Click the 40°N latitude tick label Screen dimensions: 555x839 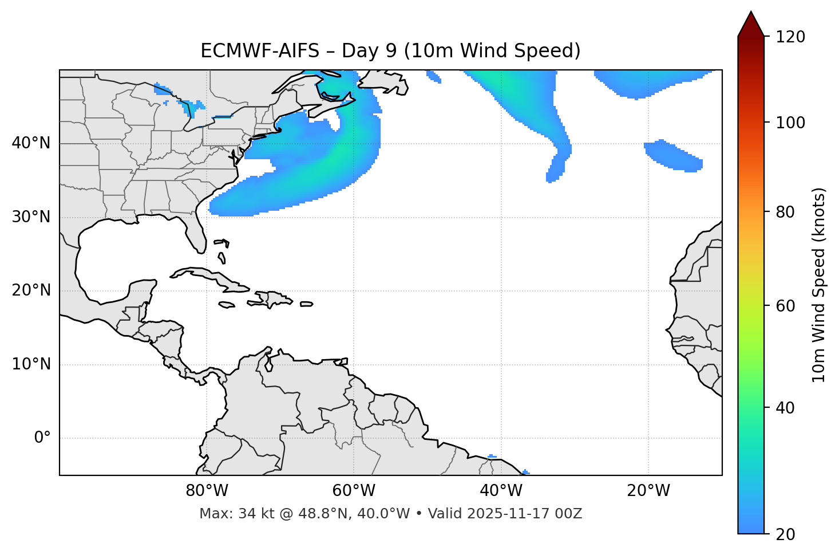click(x=31, y=143)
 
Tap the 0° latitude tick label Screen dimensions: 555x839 click(x=42, y=438)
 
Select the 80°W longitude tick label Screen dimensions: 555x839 click(x=207, y=491)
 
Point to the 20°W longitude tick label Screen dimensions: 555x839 click(x=648, y=491)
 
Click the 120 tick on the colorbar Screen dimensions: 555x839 click(x=790, y=37)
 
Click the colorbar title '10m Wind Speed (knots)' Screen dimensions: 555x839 click(x=819, y=285)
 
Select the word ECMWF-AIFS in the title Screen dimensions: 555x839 click(x=260, y=51)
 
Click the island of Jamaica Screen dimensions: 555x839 click(x=227, y=305)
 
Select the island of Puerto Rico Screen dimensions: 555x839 click(x=306, y=304)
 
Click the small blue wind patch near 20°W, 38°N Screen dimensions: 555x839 click(x=672, y=155)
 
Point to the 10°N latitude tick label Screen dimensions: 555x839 click(x=31, y=364)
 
